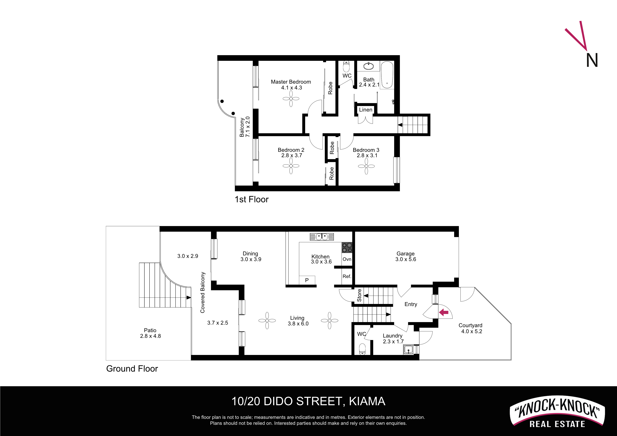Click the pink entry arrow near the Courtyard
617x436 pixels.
[444, 312]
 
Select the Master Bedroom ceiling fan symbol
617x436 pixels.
[291, 99]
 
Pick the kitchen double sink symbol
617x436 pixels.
[322, 237]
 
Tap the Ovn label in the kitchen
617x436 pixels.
[347, 259]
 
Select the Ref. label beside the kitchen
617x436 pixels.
[347, 276]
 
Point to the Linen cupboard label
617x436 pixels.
[365, 110]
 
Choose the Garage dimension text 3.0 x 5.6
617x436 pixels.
[406, 259]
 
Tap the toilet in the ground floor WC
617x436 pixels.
[362, 349]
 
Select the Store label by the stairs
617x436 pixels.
[359, 295]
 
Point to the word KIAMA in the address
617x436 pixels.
[367, 401]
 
